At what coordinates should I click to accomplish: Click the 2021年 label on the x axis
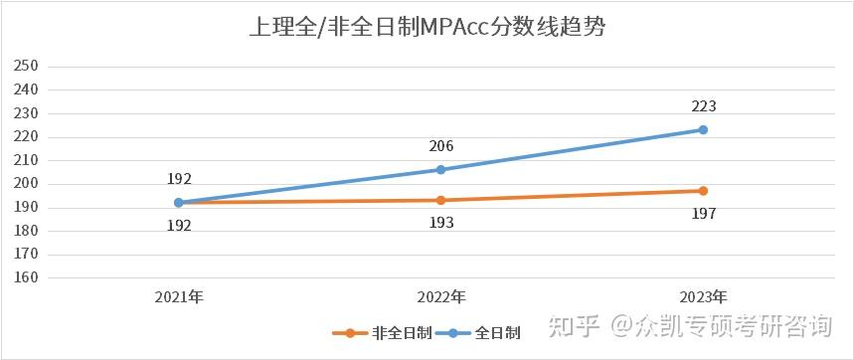coord(179,297)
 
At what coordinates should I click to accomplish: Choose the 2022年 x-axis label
coord(440,297)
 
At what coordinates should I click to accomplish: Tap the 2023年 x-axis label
coord(702,297)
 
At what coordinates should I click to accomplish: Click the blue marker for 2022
coord(440,170)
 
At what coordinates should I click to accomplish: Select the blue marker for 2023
coord(703,129)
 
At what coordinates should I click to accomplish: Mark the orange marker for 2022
coord(440,200)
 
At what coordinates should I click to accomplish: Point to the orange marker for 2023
coord(703,191)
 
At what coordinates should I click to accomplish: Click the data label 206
coord(440,146)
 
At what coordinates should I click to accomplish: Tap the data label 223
coord(703,106)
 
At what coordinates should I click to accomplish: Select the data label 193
coord(440,223)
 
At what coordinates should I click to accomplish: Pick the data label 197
coord(703,214)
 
